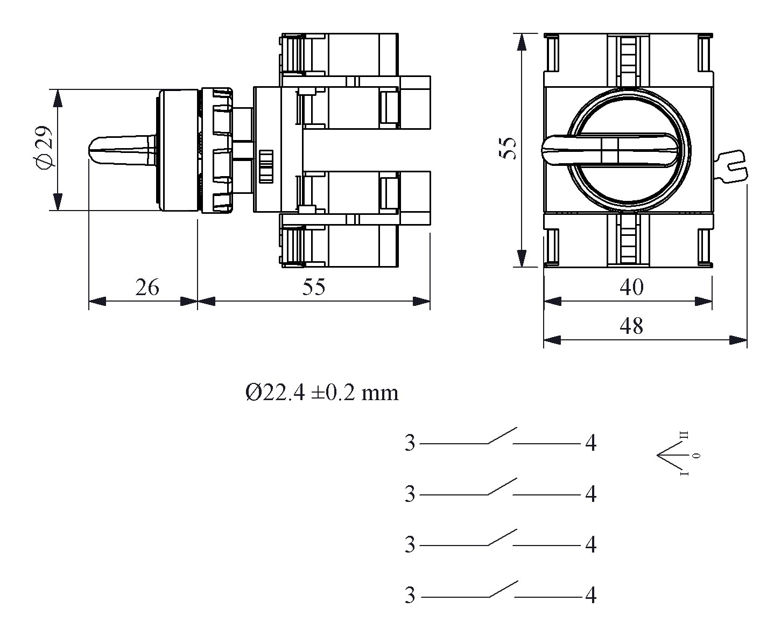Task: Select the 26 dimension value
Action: tap(147, 288)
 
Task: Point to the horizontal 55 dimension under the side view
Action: tap(313, 288)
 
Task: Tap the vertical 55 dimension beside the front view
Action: tap(508, 149)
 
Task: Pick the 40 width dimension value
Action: tap(631, 288)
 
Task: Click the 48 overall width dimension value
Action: tap(631, 326)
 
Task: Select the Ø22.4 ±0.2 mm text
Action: tap(322, 393)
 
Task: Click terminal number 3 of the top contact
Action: tap(410, 444)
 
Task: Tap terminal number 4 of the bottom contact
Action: tap(590, 596)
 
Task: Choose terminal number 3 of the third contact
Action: tap(410, 546)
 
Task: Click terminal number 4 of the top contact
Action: tap(590, 444)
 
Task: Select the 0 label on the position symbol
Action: tap(696, 456)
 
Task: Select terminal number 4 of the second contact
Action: tap(590, 494)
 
